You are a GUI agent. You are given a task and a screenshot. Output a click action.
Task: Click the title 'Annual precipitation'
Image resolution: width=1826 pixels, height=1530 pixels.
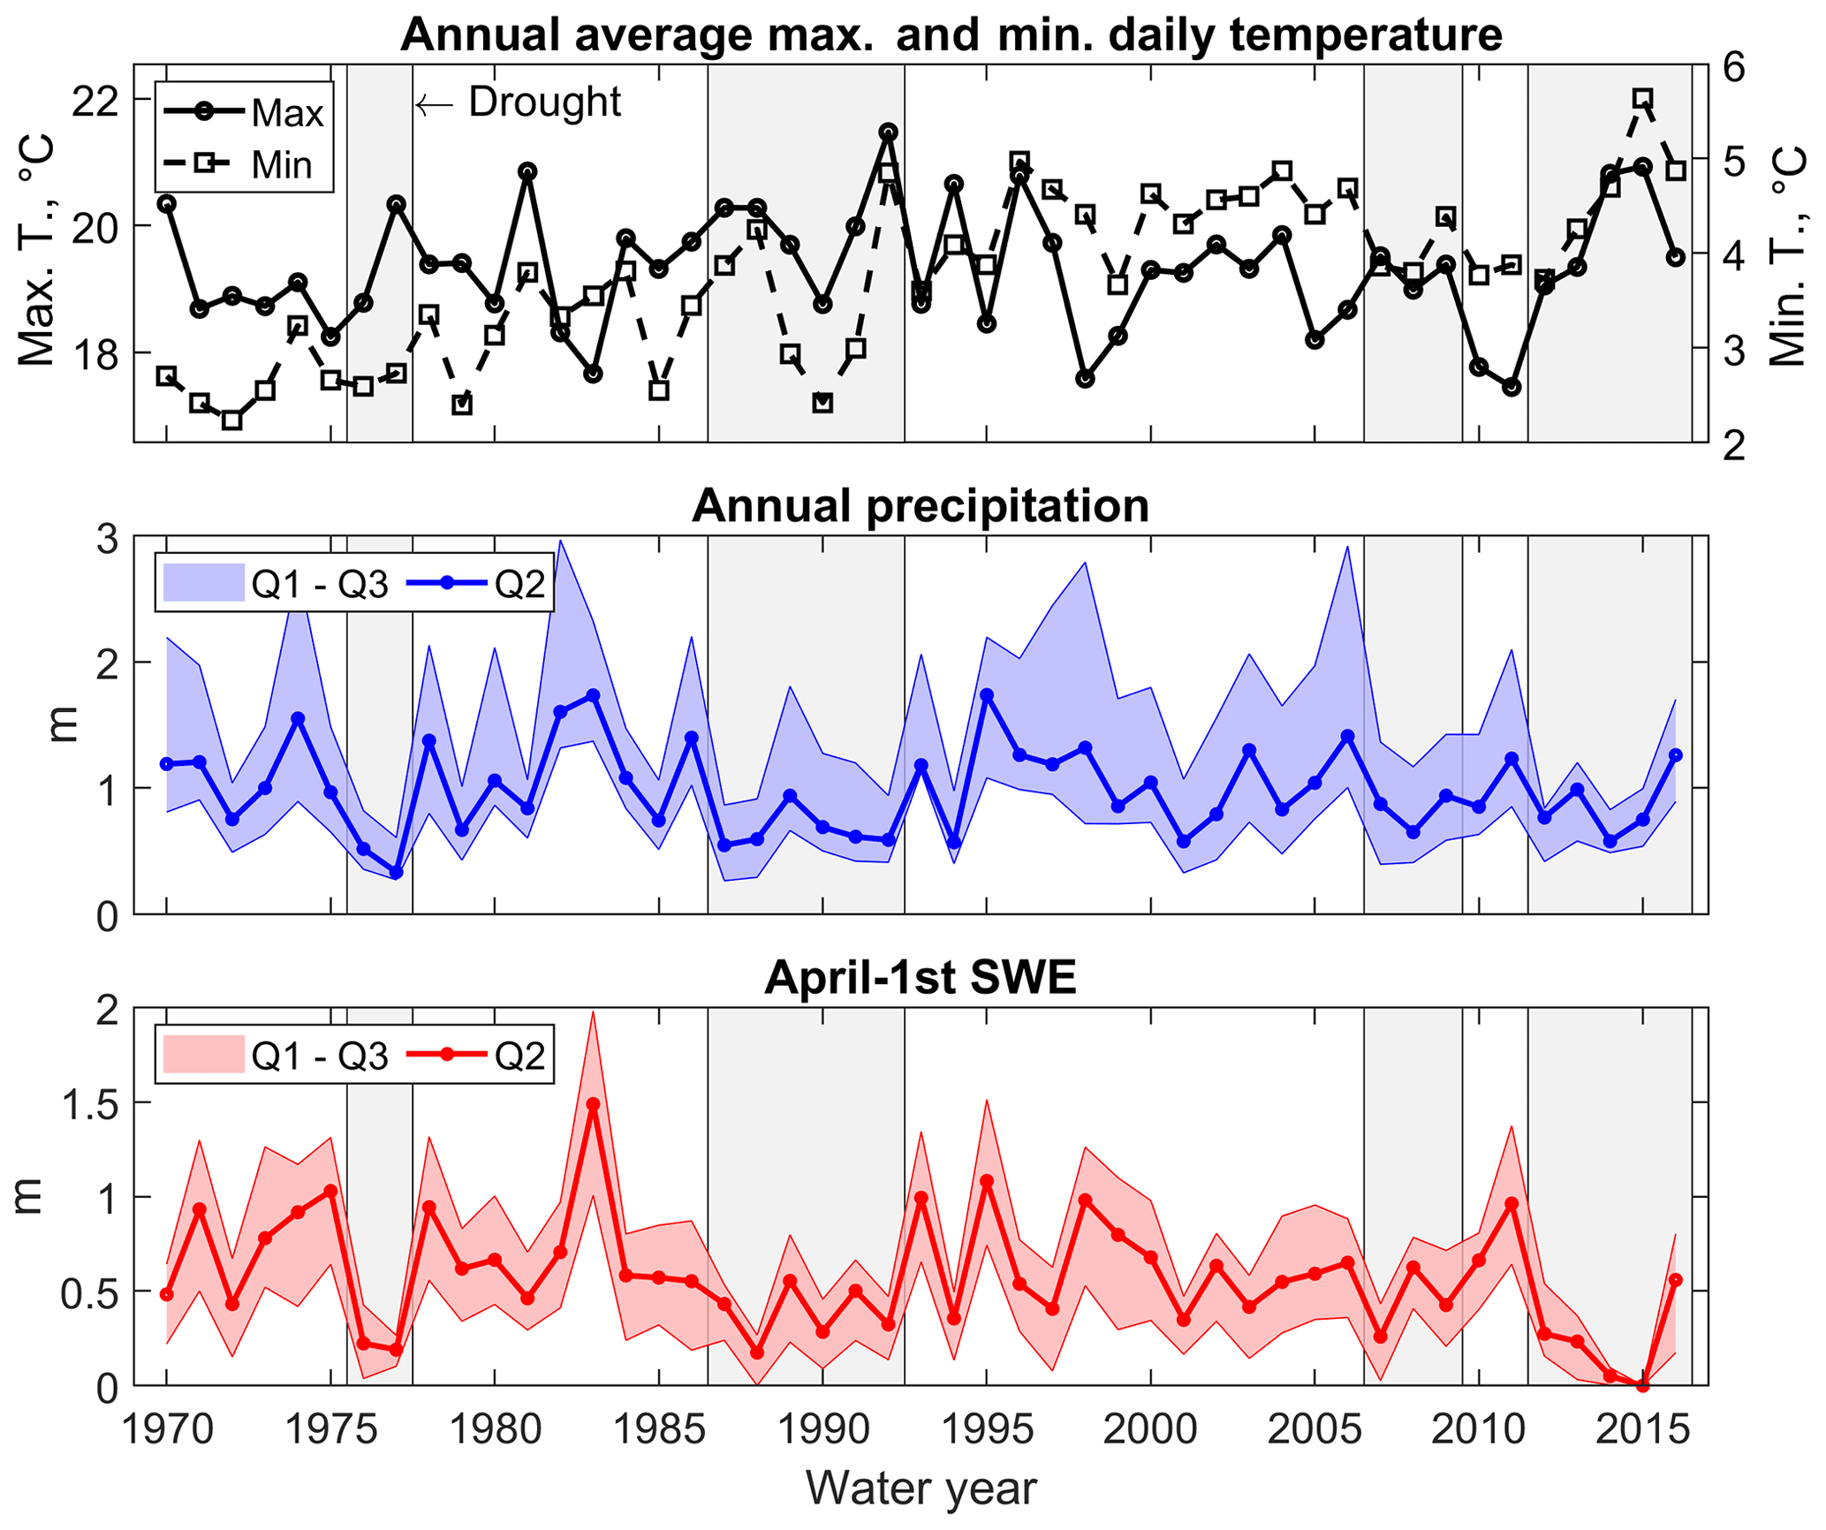(x=921, y=506)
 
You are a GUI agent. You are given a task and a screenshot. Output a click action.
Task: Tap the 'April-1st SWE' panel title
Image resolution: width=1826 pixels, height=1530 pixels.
(x=921, y=978)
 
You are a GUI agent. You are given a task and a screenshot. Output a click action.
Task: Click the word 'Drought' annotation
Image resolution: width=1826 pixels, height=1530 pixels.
(x=544, y=102)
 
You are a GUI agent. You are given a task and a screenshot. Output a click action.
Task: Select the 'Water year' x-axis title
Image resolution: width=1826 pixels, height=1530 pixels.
(x=921, y=1488)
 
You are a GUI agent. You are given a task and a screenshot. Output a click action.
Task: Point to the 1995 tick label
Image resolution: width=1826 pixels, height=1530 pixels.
(x=986, y=1428)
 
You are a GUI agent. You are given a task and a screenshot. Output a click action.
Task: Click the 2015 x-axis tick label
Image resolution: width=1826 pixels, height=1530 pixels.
(x=1642, y=1428)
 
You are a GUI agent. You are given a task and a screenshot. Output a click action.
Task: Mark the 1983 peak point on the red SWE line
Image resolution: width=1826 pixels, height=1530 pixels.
(x=593, y=1104)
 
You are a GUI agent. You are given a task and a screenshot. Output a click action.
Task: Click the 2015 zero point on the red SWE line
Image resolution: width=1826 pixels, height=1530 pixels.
(x=1642, y=1385)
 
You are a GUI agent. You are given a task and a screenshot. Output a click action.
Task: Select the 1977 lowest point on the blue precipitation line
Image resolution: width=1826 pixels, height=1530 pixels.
(x=396, y=873)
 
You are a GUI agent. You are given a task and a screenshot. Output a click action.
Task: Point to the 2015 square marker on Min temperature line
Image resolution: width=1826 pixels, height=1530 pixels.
(x=1642, y=98)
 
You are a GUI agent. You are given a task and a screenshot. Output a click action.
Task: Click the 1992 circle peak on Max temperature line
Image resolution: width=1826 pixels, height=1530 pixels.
(x=889, y=133)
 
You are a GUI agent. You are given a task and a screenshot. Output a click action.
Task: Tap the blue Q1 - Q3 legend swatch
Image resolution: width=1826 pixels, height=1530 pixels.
(x=203, y=583)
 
